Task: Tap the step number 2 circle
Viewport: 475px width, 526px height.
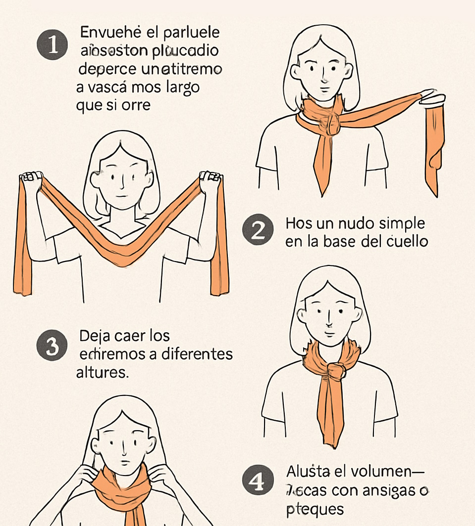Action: pyautogui.click(x=258, y=231)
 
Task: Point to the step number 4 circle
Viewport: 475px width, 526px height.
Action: pyautogui.click(x=258, y=482)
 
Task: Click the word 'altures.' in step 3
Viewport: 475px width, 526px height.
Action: pyautogui.click(x=103, y=372)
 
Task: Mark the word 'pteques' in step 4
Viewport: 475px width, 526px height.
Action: pyautogui.click(x=315, y=509)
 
